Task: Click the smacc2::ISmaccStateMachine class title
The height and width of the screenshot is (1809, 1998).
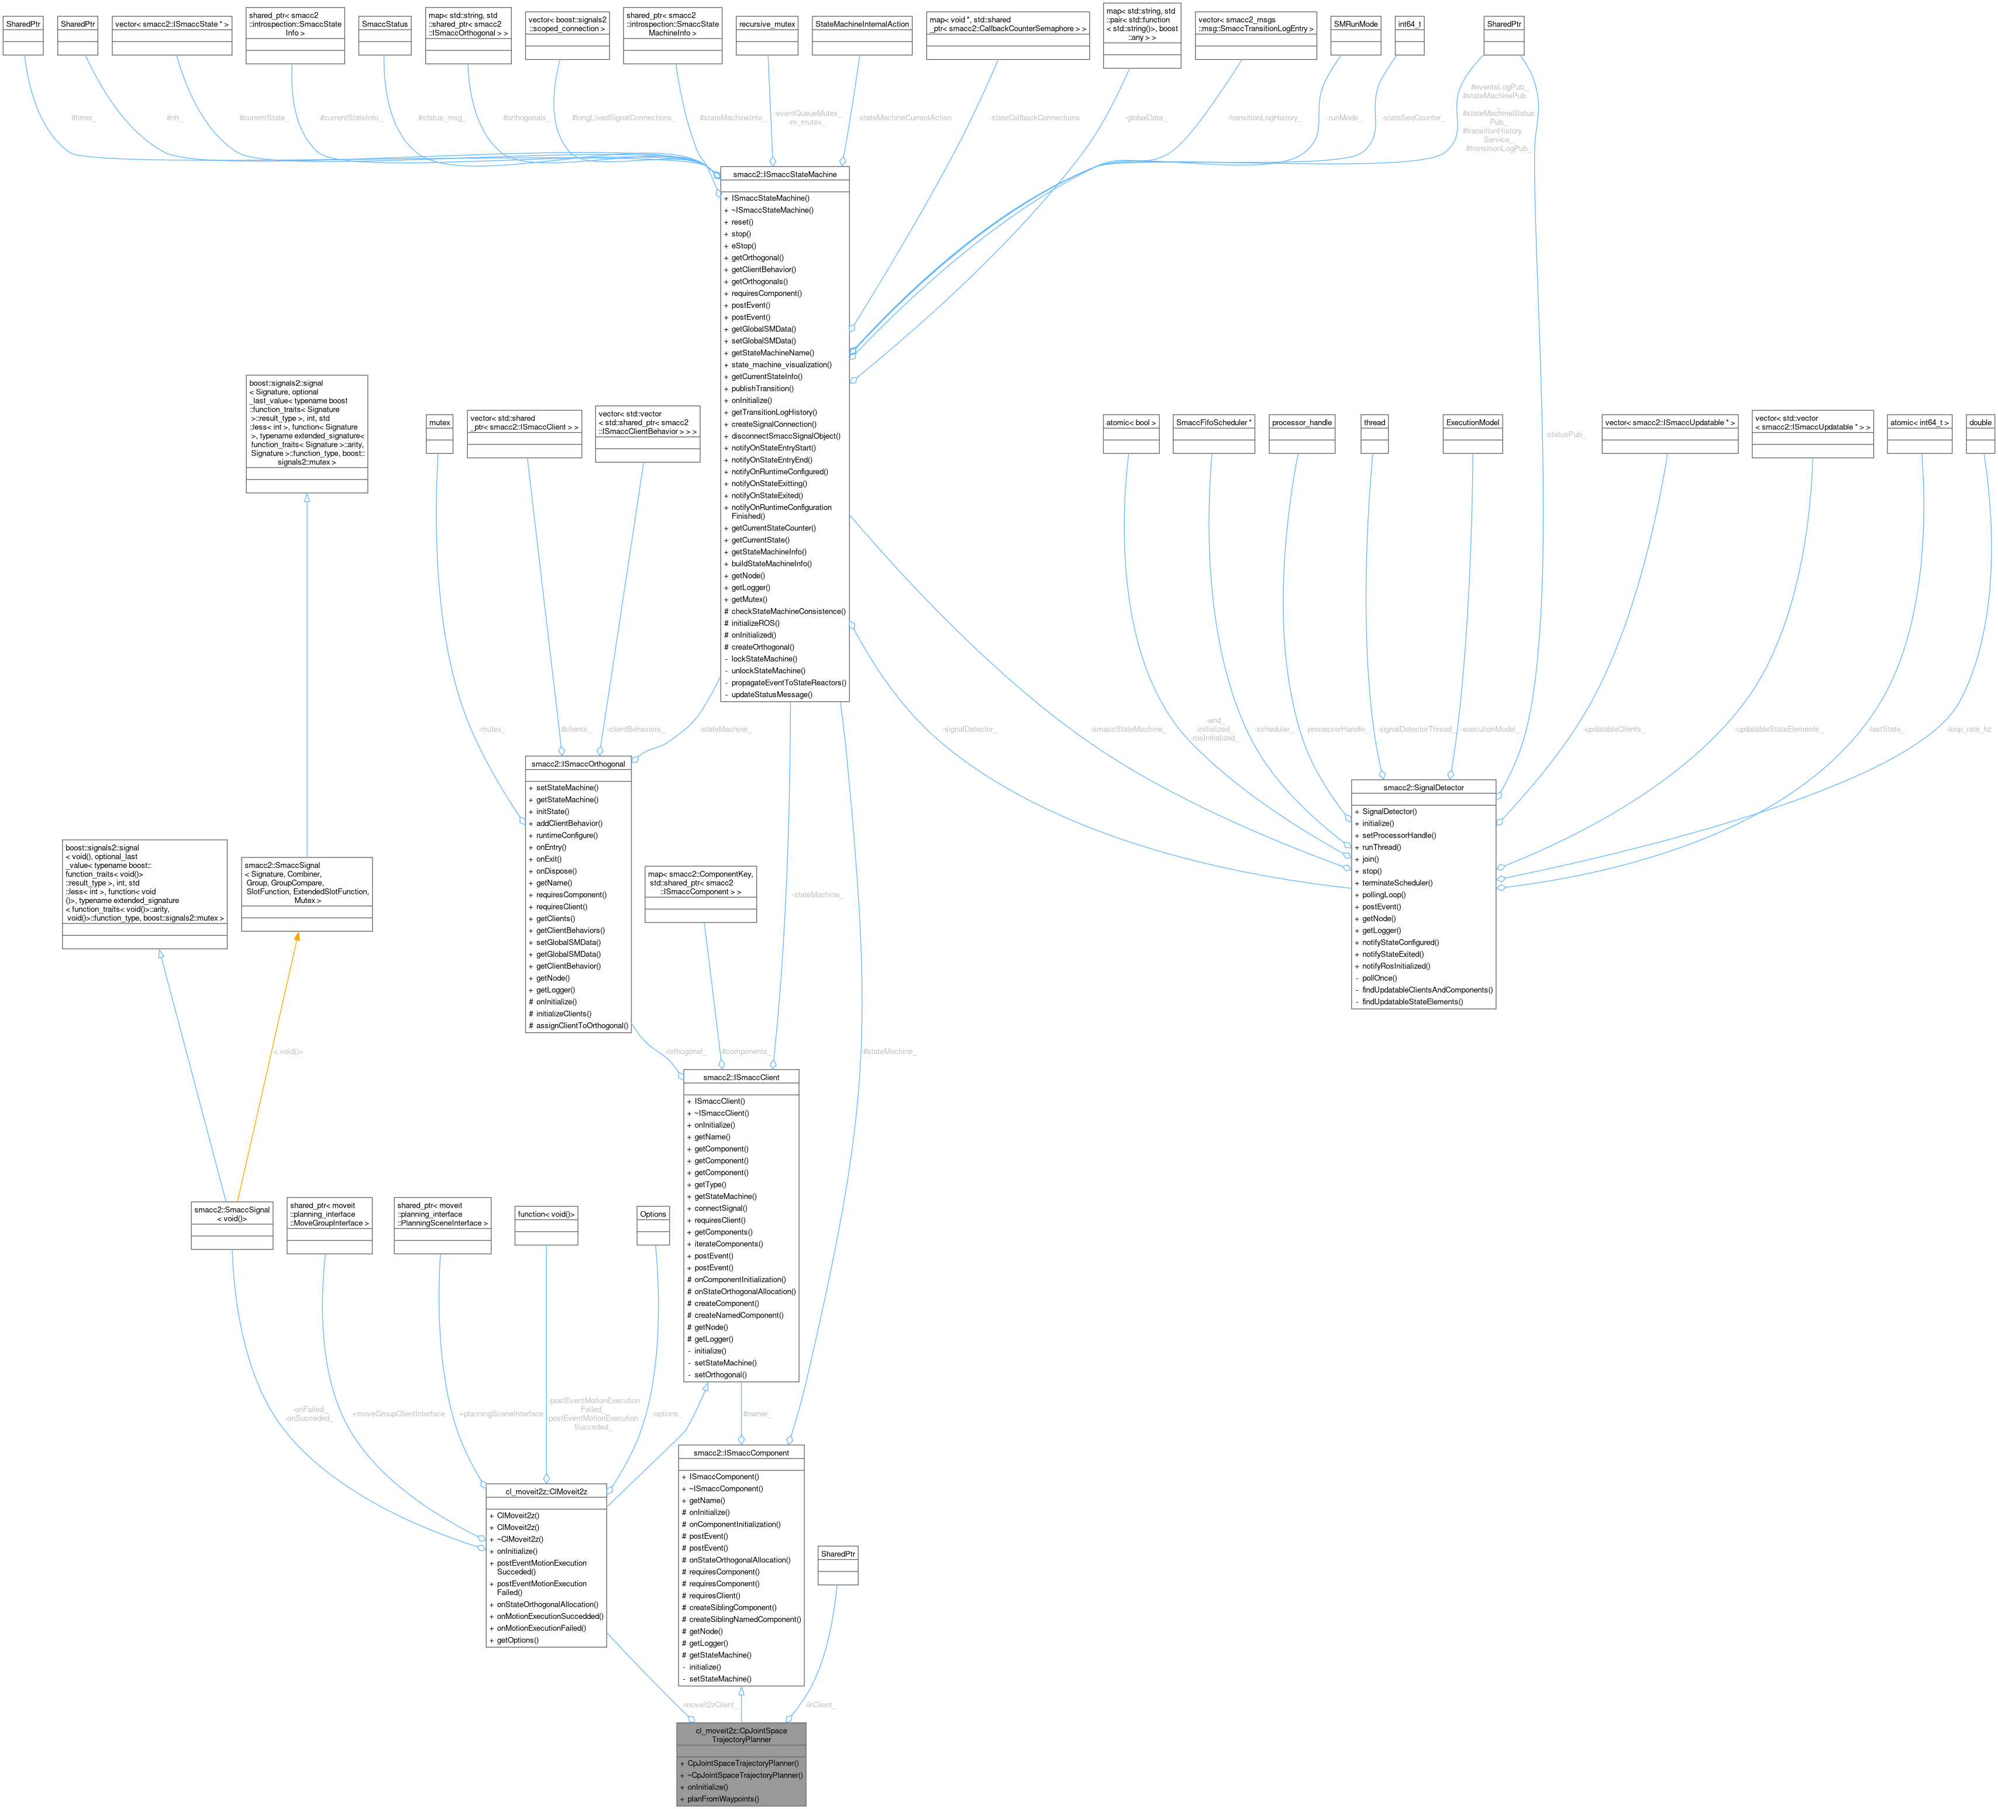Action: pos(784,174)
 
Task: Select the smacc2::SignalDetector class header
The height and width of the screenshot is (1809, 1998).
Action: pos(1423,787)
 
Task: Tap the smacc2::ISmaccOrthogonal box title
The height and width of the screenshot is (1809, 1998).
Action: pos(578,764)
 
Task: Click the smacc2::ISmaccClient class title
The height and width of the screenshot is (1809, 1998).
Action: pos(740,1077)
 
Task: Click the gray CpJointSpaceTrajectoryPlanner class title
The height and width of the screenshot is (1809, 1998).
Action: pos(740,1735)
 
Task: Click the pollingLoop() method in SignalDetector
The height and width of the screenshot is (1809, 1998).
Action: pos(1383,895)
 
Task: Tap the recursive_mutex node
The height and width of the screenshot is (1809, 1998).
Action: pos(767,24)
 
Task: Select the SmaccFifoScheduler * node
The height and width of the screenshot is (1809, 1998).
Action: pos(1213,422)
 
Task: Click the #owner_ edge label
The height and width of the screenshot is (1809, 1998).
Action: pos(757,1414)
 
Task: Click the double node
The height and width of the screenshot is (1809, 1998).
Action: pos(1980,422)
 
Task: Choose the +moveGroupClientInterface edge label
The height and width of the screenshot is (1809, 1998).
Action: pos(398,1414)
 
